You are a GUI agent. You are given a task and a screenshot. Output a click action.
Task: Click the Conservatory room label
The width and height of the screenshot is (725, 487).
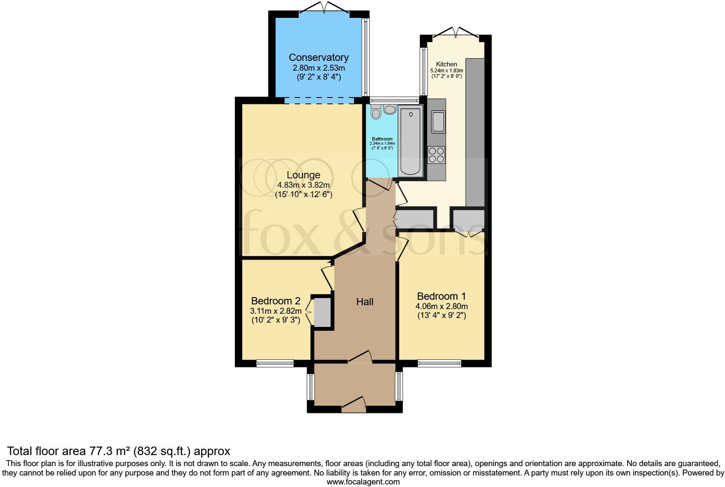[x=319, y=57]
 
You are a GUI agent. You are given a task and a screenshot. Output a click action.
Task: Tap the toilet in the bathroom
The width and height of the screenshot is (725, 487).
[x=376, y=112]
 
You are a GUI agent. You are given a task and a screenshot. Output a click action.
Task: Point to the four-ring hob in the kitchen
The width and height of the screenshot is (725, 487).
[x=437, y=155]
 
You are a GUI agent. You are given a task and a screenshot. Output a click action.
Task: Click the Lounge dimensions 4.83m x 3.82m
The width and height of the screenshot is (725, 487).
[x=303, y=185]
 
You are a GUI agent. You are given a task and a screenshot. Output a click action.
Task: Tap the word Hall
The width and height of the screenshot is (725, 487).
[x=365, y=302]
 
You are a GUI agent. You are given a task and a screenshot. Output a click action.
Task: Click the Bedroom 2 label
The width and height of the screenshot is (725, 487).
[x=275, y=301]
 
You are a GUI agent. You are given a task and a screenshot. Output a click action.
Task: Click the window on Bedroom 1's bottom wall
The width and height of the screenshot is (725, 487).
[x=440, y=363]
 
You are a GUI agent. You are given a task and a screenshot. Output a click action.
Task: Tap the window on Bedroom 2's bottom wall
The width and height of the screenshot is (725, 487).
[x=275, y=363]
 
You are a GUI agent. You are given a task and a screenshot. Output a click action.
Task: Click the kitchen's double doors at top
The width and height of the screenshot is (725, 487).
[x=456, y=32]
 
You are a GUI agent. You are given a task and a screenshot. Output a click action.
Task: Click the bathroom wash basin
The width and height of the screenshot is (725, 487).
[x=389, y=110]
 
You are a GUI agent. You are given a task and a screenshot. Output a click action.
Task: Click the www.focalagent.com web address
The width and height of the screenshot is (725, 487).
[x=363, y=482]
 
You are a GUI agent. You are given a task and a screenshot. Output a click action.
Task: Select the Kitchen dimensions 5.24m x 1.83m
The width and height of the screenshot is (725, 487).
[x=446, y=71]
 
